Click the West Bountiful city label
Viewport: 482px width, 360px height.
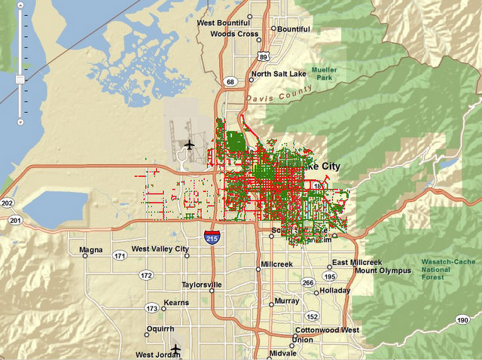224,23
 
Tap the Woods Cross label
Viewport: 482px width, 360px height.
235,34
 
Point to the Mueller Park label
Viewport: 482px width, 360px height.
326,74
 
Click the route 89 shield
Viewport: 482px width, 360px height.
262,56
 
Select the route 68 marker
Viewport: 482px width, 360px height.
230,81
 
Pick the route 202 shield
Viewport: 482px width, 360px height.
8,203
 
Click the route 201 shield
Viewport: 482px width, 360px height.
15,220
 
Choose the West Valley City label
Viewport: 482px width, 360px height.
160,249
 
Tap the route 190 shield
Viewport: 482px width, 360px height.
462,320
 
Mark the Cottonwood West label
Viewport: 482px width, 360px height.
326,330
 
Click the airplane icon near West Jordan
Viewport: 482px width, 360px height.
175,349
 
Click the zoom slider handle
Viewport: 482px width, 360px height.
20,78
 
